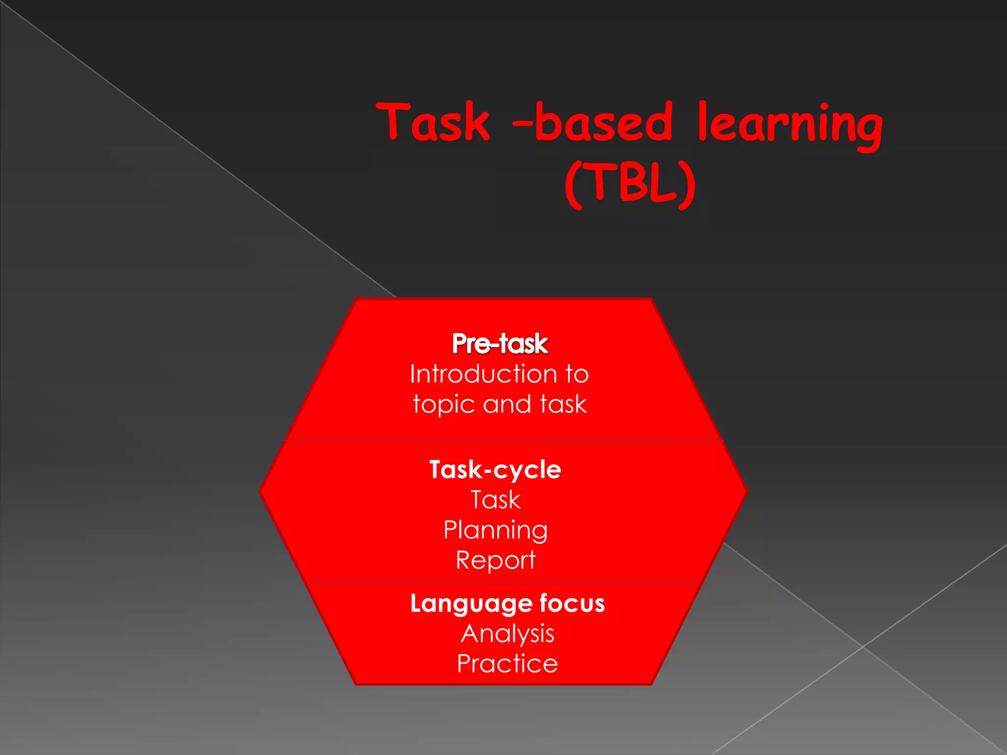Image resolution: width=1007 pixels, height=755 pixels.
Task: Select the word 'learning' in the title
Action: pos(790,124)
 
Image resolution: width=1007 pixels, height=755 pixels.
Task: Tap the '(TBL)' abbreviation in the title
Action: pos(630,184)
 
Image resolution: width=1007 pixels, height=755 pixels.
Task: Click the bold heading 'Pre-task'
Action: pos(500,343)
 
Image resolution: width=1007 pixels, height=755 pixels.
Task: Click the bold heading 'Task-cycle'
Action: pos(495,469)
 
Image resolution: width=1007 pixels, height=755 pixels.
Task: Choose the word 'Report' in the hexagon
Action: pos(496,560)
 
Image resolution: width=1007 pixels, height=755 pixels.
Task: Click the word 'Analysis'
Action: pos(507,634)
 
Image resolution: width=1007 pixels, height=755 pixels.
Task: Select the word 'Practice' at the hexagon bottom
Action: pos(507,664)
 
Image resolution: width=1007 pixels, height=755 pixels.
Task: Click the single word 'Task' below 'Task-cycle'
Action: pos(496,500)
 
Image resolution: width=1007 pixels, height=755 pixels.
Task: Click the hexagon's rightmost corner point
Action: pos(747,491)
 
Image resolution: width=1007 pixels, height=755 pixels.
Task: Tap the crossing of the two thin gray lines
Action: pos(863,647)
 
